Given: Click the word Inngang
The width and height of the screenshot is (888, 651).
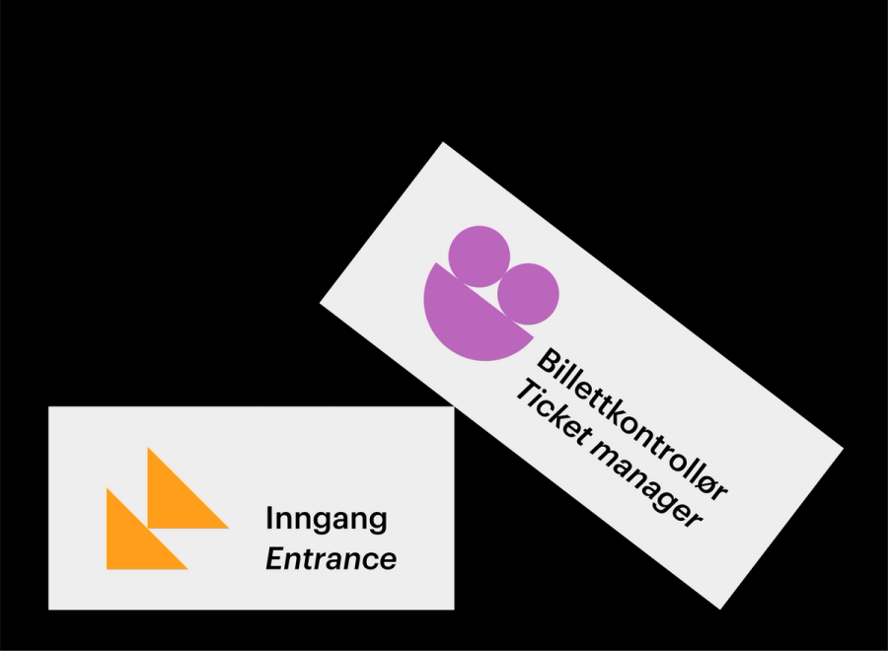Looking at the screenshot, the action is point(326,520).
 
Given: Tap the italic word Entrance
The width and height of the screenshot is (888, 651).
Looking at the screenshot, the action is point(331,559).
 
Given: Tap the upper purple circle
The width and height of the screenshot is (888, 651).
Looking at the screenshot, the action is point(479,255).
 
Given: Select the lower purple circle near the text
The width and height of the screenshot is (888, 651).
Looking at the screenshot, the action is point(528,294).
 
